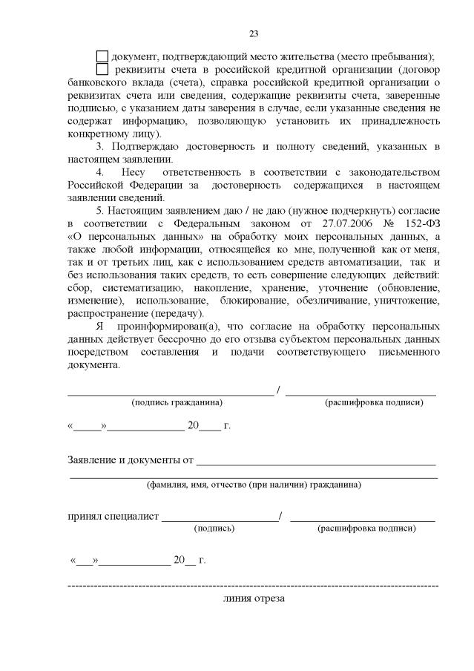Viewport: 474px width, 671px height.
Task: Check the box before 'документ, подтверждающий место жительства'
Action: (102, 56)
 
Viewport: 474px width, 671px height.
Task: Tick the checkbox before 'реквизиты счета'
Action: (102, 70)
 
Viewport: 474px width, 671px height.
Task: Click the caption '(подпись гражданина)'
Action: (177, 402)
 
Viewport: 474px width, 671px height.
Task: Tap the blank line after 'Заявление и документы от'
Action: (316, 464)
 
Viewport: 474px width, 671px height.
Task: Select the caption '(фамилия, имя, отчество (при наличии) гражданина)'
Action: (254, 485)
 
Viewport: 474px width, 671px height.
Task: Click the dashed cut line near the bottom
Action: (252, 586)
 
